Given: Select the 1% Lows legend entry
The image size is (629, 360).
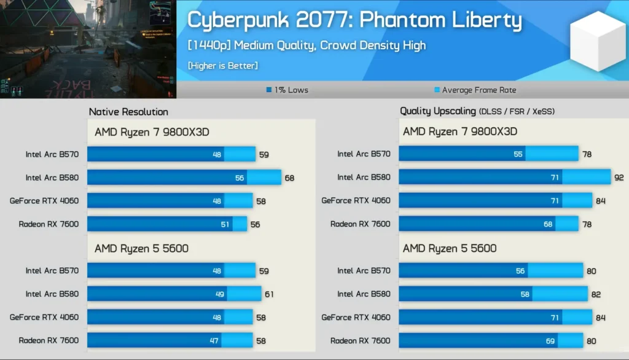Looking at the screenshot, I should click(x=287, y=90).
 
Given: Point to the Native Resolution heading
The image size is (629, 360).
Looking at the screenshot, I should click(x=128, y=112).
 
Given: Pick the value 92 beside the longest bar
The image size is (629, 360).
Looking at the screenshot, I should click(x=619, y=178).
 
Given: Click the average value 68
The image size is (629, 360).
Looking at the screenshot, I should click(x=289, y=178).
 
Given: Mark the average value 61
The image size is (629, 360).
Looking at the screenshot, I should click(x=269, y=294).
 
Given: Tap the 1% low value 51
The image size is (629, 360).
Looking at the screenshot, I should click(x=225, y=224).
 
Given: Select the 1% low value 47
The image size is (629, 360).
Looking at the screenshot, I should click(x=214, y=340).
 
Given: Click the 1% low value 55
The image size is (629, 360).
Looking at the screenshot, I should click(x=518, y=154).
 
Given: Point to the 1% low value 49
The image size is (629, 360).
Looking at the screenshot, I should click(x=219, y=294).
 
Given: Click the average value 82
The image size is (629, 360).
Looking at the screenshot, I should click(x=595, y=294).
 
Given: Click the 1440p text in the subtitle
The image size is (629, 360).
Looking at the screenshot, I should click(x=209, y=45).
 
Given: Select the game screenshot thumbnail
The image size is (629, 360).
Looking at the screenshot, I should click(x=88, y=49).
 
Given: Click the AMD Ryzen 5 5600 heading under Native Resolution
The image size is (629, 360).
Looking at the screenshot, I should click(x=141, y=249).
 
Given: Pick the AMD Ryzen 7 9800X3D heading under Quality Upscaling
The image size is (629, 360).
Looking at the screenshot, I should click(x=460, y=131).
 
